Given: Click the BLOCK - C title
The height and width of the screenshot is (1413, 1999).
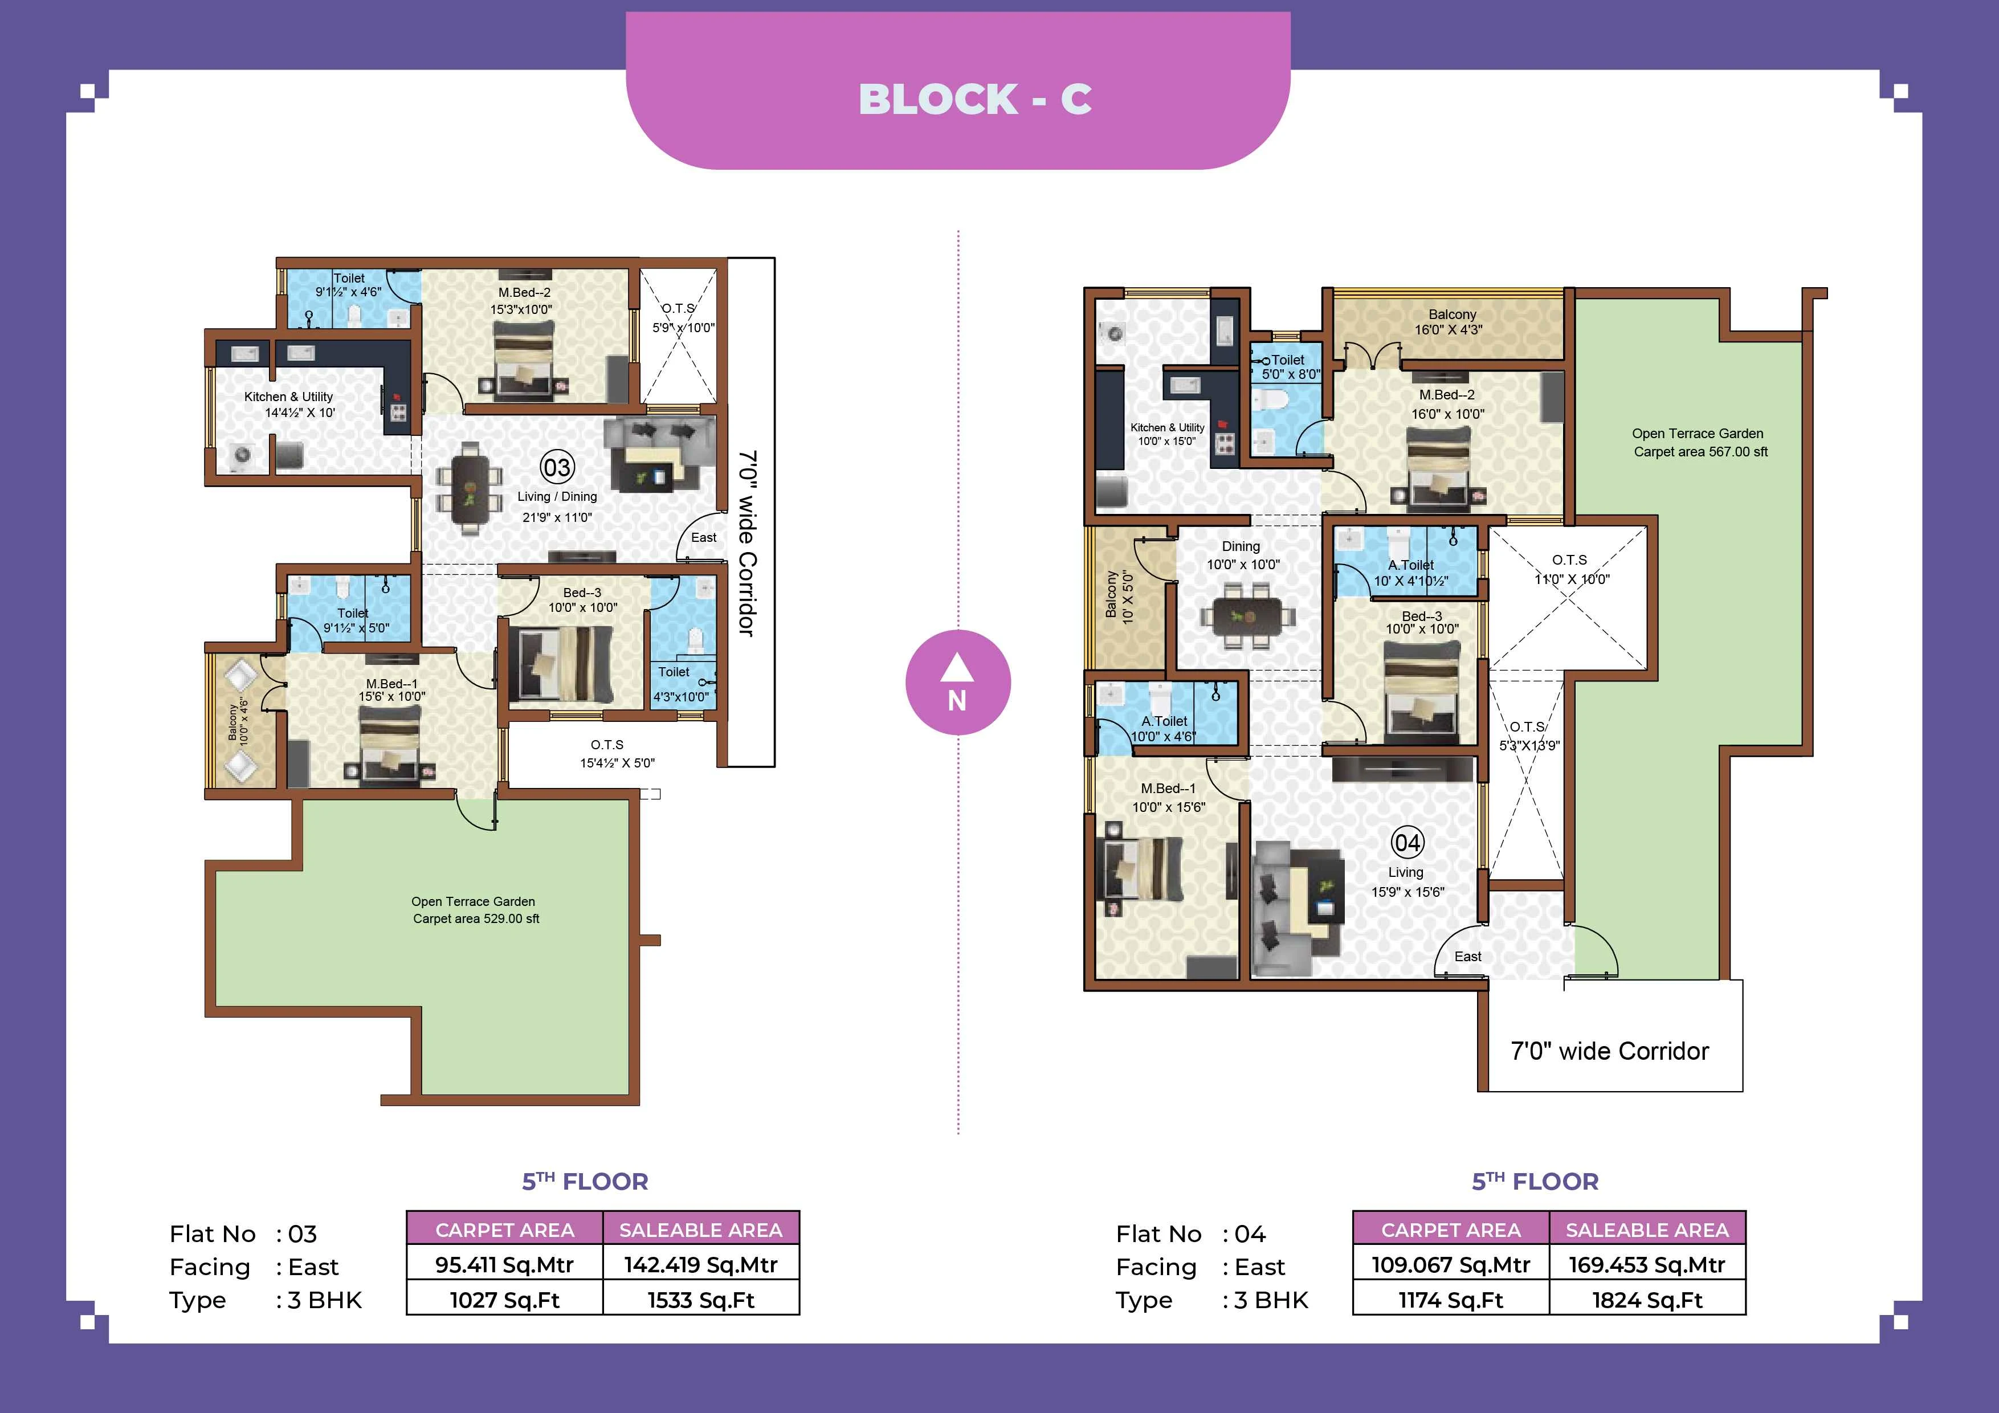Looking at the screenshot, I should (974, 99).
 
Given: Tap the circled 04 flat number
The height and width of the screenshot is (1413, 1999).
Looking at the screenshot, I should (1407, 843).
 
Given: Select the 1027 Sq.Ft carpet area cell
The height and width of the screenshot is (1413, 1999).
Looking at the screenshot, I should (504, 1300).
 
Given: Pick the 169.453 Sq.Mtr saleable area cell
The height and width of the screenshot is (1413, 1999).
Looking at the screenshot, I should (1646, 1264).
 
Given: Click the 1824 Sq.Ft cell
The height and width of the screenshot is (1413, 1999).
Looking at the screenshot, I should (1646, 1300).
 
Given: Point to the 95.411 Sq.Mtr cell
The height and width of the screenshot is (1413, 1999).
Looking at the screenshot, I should (504, 1264).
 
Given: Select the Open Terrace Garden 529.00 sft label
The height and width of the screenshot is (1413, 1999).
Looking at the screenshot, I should (475, 910).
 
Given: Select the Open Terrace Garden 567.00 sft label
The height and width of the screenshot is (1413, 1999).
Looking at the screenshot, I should (1699, 442).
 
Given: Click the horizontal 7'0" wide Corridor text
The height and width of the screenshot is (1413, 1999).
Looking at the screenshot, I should (1609, 1051).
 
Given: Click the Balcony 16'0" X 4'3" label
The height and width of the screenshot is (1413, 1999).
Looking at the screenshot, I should (1450, 321).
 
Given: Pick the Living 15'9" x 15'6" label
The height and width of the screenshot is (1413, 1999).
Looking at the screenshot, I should (1406, 881).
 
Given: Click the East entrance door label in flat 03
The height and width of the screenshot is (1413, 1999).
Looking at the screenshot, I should (704, 537).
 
